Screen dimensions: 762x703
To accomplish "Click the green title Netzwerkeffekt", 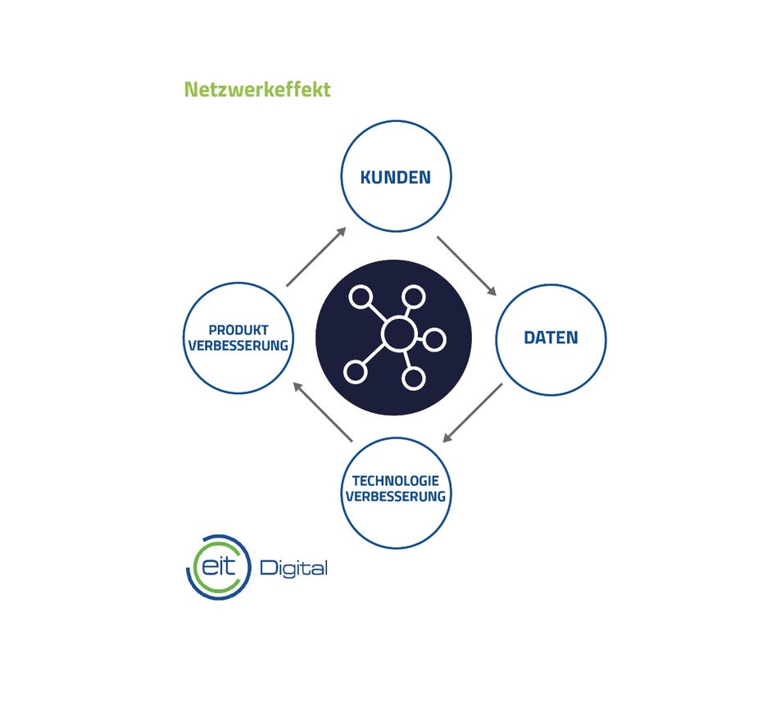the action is pos(257,89).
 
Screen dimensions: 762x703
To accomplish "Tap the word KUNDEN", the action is pos(396,177).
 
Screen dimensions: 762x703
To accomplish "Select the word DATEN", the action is pos(551,338).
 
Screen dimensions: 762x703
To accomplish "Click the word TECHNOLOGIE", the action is pos(396,480).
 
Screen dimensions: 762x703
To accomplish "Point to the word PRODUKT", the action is pos(238,330).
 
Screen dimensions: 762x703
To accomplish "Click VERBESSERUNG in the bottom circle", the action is pos(396,496).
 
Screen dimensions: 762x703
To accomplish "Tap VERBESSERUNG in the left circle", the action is pos(238,346).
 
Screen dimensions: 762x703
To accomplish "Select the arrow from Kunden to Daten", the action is pos(466,265).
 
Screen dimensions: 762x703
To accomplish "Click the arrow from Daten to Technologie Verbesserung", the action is pos(473,413).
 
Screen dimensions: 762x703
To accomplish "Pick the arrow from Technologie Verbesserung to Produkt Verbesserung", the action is pos(323,412).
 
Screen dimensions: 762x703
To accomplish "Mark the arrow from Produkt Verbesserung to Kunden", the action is pos(316,256).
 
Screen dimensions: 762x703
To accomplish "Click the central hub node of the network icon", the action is pos(400,333).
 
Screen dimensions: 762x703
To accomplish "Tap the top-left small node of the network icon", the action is pos(361,297).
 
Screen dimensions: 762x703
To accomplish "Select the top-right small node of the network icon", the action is pos(414,297).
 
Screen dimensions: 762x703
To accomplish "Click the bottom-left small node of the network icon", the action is pos(356,372).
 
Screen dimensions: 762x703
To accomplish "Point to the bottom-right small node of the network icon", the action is pos(414,379).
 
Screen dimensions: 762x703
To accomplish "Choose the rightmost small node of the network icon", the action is pos(434,339).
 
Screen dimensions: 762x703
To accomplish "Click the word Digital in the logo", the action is pos(294,568).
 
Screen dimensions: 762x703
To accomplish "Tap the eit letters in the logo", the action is pos(219,566).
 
